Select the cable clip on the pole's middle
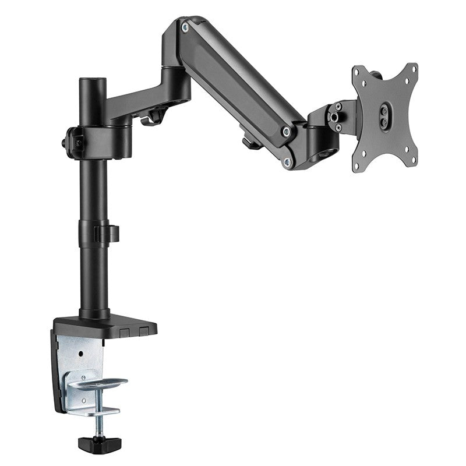(108, 233)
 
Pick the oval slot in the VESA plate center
(385, 112)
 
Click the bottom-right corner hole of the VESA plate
(414, 158)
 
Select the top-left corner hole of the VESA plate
(357, 75)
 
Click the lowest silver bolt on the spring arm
(286, 162)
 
